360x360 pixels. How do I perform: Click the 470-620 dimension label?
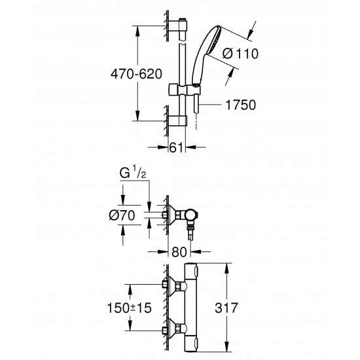[x=136, y=74]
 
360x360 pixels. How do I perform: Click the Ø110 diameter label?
[x=240, y=54]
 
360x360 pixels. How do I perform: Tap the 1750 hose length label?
[x=241, y=105]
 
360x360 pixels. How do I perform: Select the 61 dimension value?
[x=176, y=147]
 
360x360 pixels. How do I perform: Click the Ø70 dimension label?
[x=122, y=215]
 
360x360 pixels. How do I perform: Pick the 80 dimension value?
[x=179, y=252]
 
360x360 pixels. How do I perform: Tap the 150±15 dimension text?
[x=129, y=308]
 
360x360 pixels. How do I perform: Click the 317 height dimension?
[x=226, y=308]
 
